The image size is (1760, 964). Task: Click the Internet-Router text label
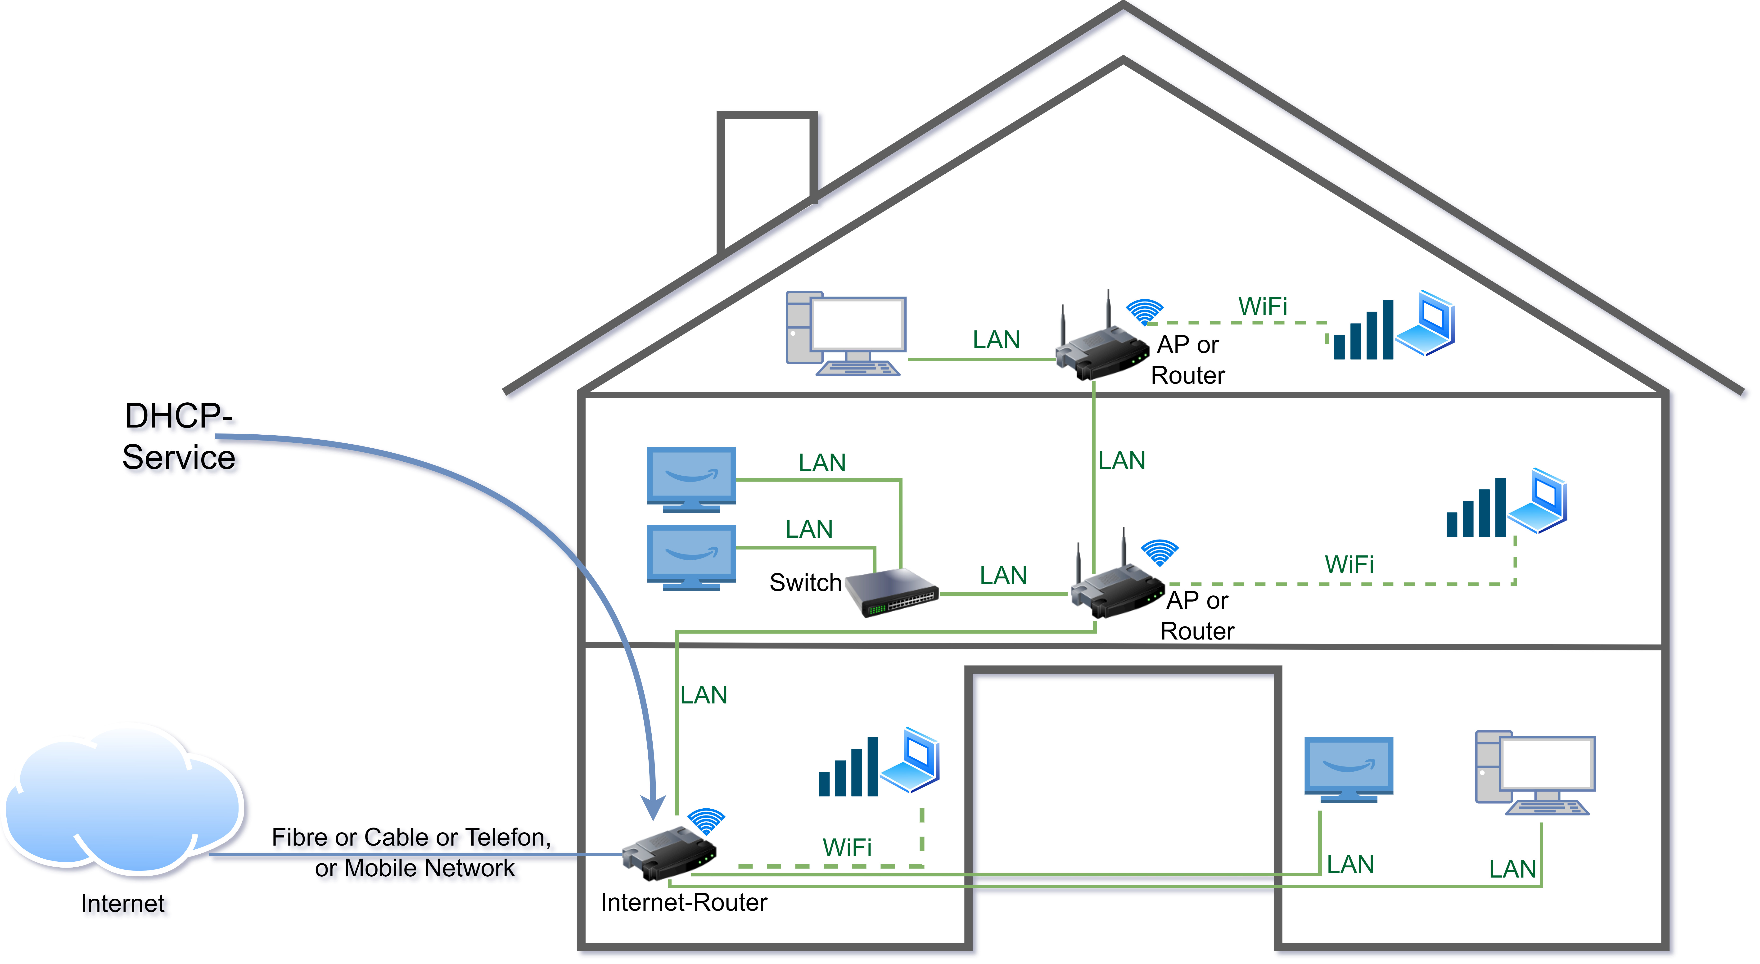[683, 902]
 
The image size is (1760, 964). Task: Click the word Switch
[805, 583]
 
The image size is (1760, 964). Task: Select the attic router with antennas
[1100, 348]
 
